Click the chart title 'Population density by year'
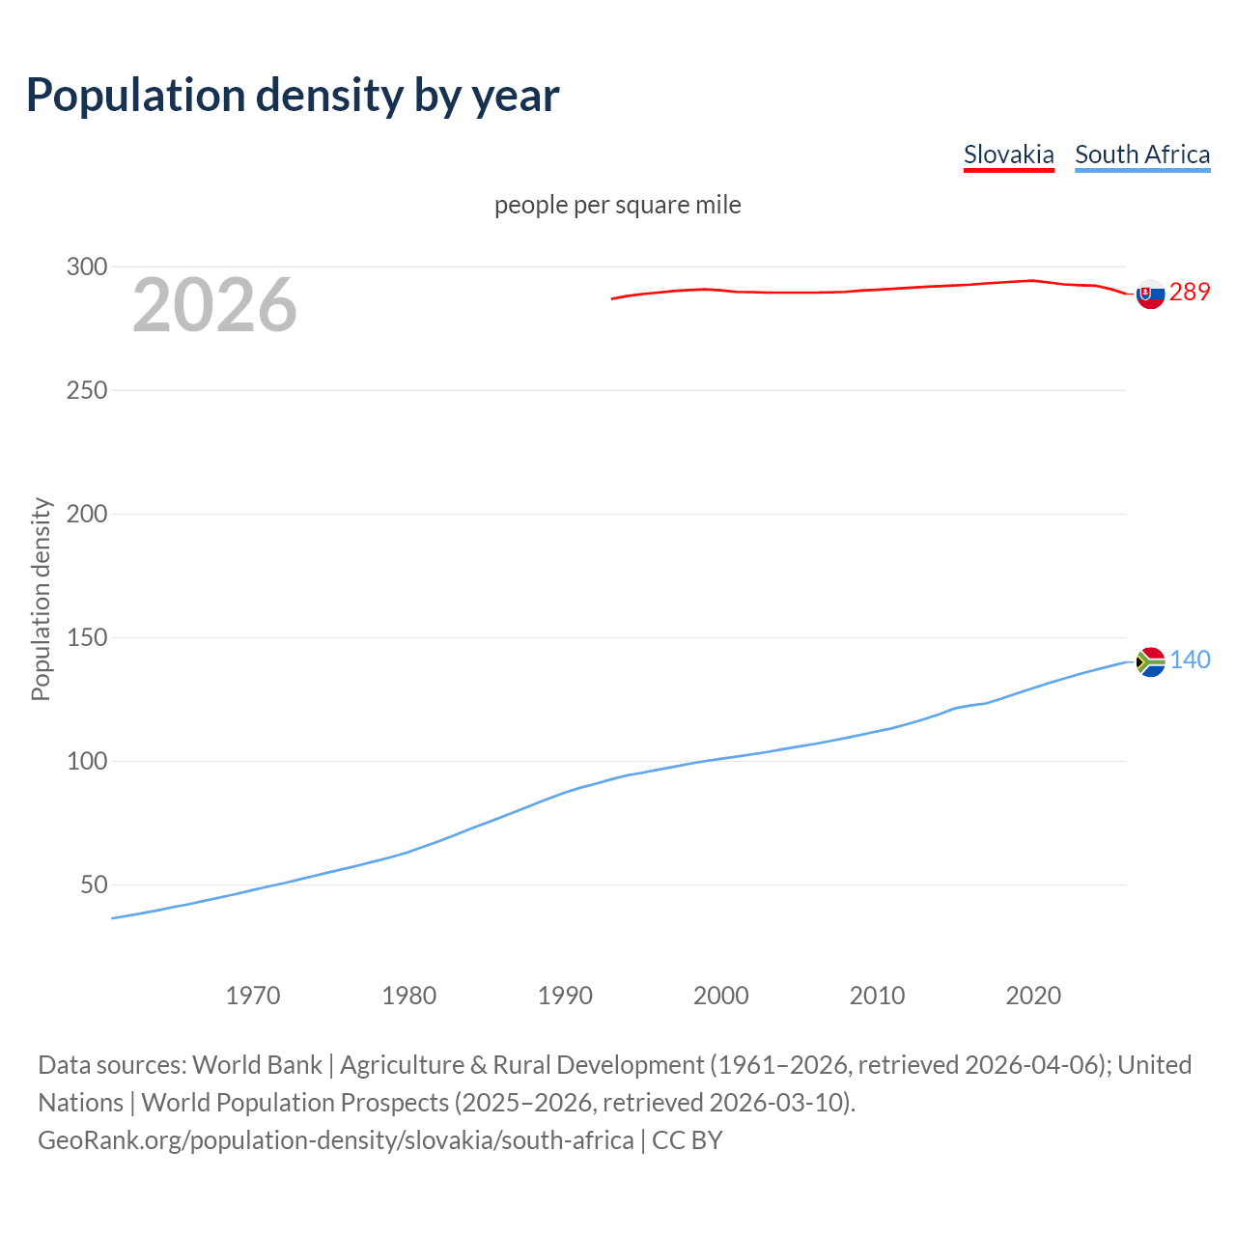pos(293,95)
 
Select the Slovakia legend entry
pos(1008,154)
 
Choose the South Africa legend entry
pos(1141,154)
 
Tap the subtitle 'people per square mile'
pos(617,205)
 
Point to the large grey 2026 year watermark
pos(214,305)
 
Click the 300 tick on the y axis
pos(86,267)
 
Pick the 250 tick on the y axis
pos(86,390)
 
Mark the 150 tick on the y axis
pos(86,637)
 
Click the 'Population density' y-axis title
pos(41,599)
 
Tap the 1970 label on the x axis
pos(253,996)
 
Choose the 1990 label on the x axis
pos(565,996)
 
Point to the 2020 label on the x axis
pos(1033,996)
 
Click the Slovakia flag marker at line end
pos(1150,294)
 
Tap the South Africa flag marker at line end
pos(1150,661)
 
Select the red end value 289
pos(1190,292)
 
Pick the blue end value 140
pos(1190,660)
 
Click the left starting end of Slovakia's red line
pos(612,298)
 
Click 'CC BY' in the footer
pos(688,1140)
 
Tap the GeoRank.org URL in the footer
pos(335,1140)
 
